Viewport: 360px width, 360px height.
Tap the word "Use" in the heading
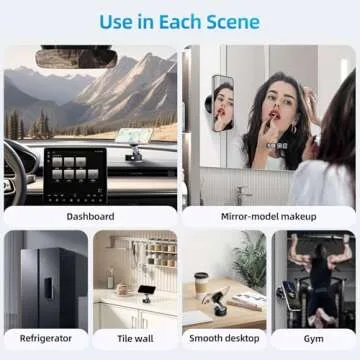116,20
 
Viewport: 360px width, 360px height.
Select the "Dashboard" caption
91,216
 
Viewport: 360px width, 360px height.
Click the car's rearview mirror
76,59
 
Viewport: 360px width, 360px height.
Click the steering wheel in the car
12,170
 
